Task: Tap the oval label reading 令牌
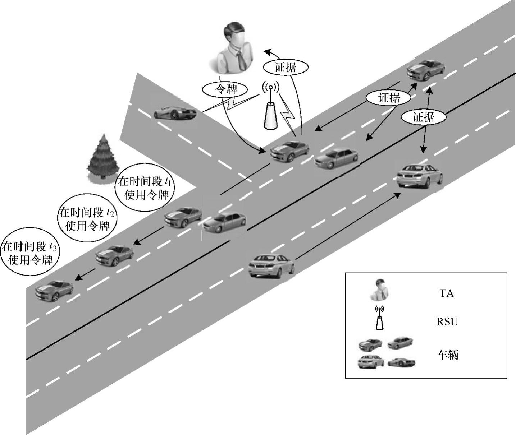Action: [x=225, y=89]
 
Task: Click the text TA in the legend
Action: [x=447, y=293]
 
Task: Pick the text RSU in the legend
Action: [x=447, y=321]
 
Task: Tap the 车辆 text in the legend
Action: [x=448, y=355]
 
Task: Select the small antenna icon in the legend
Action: [x=379, y=318]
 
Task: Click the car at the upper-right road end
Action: [x=425, y=70]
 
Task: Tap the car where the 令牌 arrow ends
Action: [x=290, y=151]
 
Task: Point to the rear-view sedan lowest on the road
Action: [x=271, y=266]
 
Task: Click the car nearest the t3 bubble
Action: [x=54, y=290]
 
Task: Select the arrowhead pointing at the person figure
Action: [x=268, y=52]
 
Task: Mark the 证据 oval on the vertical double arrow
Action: [x=424, y=117]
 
